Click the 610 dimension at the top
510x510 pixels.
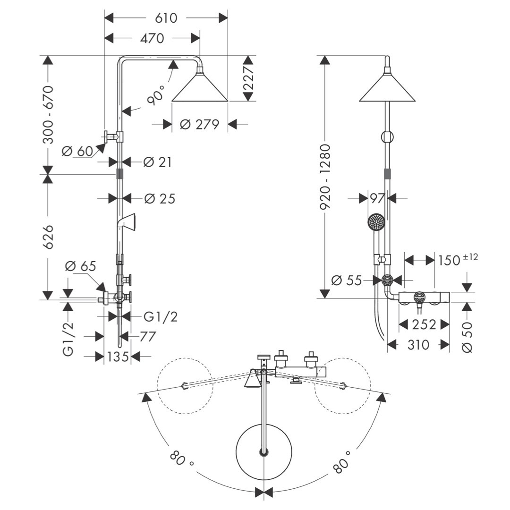(166, 18)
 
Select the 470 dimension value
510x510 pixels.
(152, 38)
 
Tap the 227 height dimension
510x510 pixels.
(248, 78)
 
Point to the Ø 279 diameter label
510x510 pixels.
(199, 124)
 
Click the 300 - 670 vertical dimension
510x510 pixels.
(49, 115)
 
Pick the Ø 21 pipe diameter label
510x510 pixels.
(157, 162)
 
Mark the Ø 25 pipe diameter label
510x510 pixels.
(160, 199)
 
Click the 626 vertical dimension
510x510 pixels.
(49, 237)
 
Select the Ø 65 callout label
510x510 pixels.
(81, 266)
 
